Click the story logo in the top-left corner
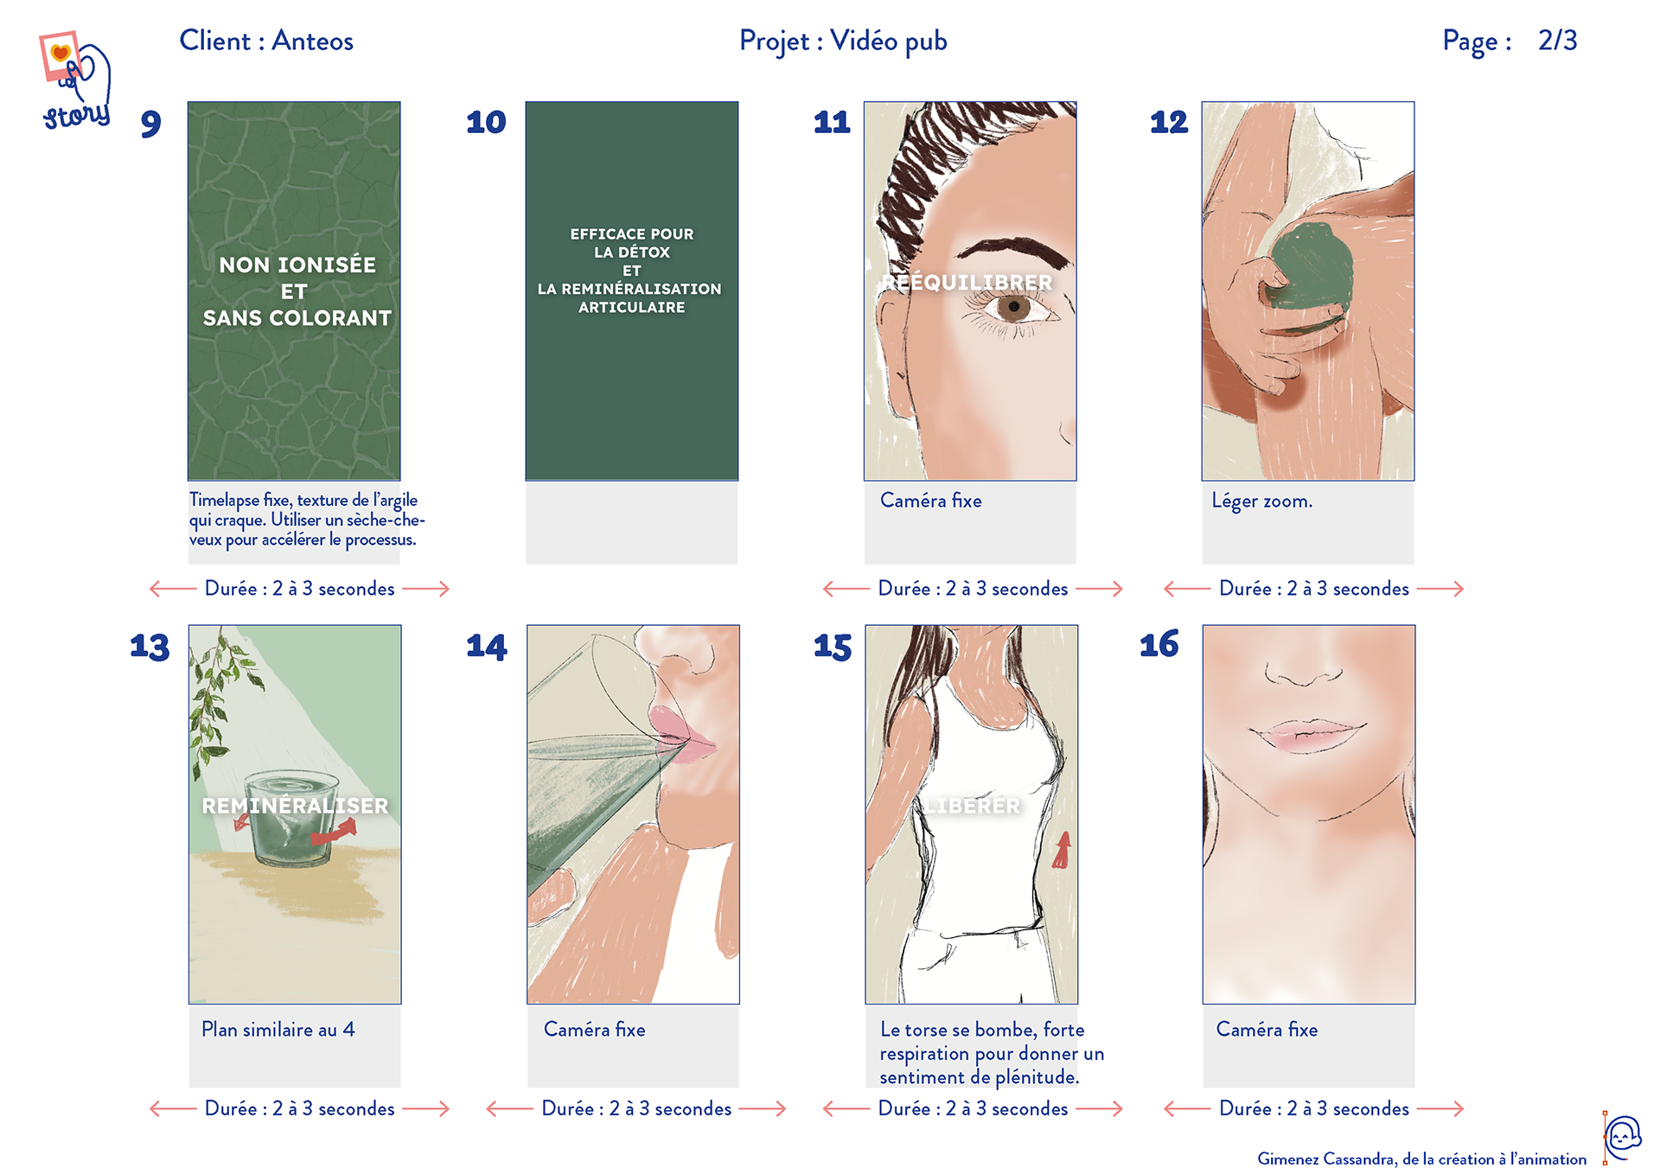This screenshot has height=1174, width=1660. pyautogui.click(x=76, y=80)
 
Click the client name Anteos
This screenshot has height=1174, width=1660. pyautogui.click(x=313, y=41)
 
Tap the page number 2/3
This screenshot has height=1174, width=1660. pyautogui.click(x=1557, y=41)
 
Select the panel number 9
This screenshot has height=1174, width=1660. pyautogui.click(x=151, y=124)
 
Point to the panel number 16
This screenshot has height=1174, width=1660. pyautogui.click(x=1159, y=644)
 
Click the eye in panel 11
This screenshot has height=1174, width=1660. pyautogui.click(x=1013, y=307)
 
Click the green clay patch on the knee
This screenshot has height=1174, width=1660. pyautogui.click(x=1310, y=265)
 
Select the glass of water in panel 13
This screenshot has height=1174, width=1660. pyautogui.click(x=291, y=818)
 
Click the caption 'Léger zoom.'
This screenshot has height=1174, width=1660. pyautogui.click(x=1262, y=501)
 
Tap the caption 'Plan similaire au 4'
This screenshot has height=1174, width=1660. pyautogui.click(x=278, y=1030)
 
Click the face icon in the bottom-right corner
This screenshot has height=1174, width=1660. pyautogui.click(x=1622, y=1137)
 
